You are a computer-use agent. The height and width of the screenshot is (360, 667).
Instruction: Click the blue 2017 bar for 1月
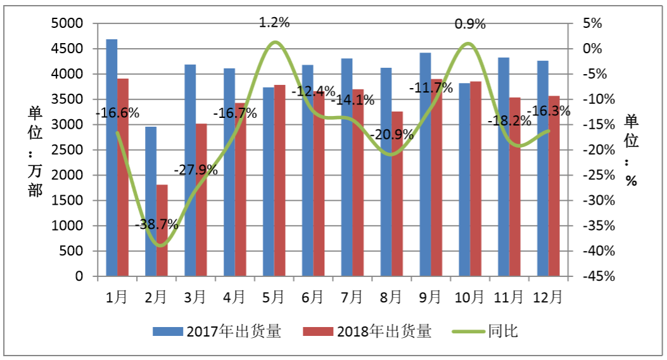click(x=111, y=158)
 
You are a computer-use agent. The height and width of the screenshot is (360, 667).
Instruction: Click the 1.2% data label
click(x=274, y=23)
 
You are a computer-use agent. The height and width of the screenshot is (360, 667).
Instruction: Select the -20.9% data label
click(x=391, y=134)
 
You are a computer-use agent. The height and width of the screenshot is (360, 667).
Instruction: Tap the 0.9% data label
click(x=470, y=25)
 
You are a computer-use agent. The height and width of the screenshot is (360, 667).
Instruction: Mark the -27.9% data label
click(x=196, y=170)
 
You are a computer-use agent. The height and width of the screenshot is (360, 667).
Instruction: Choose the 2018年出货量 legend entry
click(x=367, y=331)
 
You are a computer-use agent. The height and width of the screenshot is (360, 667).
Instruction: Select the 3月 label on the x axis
click(x=195, y=296)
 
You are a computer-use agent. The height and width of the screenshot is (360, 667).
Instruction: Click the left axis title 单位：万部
click(x=35, y=152)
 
